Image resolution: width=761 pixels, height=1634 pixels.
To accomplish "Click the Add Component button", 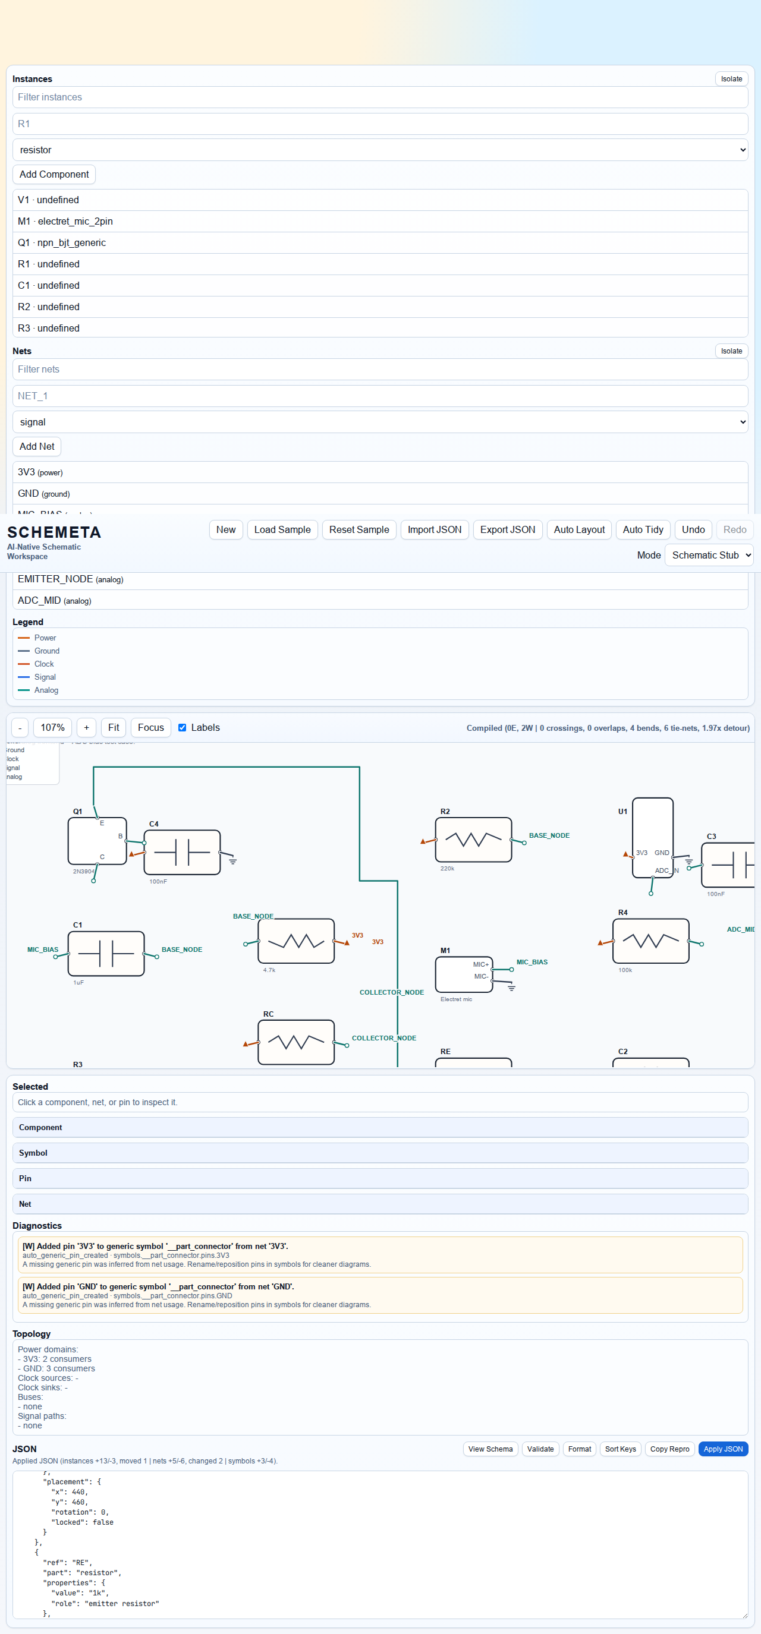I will click(x=54, y=175).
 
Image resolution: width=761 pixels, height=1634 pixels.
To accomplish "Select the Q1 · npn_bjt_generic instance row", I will click(x=62, y=243).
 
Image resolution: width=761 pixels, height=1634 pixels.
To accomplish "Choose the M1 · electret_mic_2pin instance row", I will click(x=65, y=222).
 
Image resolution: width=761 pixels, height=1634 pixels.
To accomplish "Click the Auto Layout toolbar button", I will click(x=579, y=529).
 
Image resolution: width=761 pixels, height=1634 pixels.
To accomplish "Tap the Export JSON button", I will click(x=507, y=529).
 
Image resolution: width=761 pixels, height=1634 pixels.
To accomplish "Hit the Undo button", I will click(x=693, y=529).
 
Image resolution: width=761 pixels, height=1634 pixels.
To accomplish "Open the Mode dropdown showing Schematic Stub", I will click(x=708, y=555).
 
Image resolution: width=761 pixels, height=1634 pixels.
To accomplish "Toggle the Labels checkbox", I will click(x=183, y=727).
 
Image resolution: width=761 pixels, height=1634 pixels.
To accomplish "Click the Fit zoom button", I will click(x=114, y=727).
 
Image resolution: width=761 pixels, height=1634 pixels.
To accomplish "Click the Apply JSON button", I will click(x=722, y=1449).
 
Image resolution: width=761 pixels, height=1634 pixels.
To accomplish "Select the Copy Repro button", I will click(x=669, y=1449).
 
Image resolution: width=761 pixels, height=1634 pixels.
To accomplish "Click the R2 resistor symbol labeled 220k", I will click(x=473, y=839).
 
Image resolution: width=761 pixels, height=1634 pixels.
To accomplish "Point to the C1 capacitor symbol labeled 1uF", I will click(x=106, y=954).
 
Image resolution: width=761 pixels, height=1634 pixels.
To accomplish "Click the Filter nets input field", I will click(x=379, y=369).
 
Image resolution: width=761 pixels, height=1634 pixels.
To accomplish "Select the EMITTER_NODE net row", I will click(x=70, y=579).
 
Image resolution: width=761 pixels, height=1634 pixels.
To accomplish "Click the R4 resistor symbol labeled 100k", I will click(x=650, y=941).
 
